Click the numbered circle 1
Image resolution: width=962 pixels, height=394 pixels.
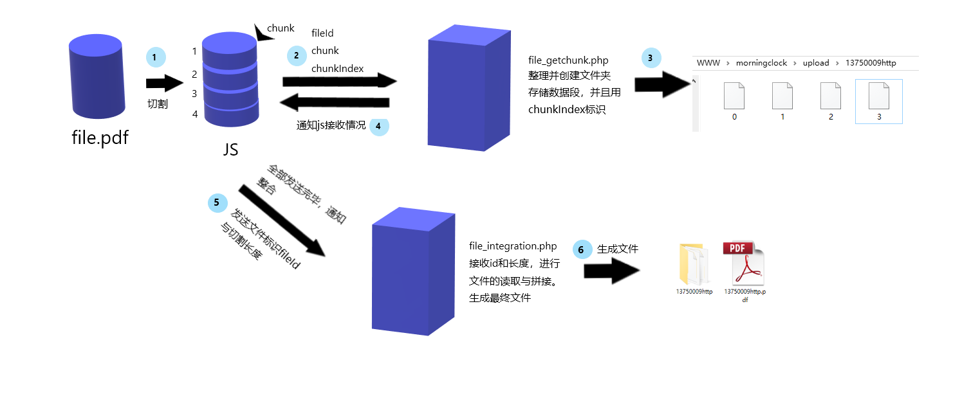point(155,57)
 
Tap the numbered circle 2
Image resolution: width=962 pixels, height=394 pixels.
point(296,56)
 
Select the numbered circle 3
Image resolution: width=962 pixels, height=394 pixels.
point(651,58)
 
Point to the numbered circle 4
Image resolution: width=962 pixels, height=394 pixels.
point(378,126)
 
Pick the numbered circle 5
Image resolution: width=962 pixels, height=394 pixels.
point(217,202)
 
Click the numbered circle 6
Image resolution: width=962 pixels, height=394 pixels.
point(582,249)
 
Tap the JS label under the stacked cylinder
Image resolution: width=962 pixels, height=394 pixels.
point(230,150)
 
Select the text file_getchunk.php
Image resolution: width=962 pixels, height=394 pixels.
point(568,60)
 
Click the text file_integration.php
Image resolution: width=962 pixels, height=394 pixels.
point(513,246)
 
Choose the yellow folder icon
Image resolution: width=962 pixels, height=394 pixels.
point(694,264)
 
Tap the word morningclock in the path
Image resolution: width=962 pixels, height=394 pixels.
point(761,63)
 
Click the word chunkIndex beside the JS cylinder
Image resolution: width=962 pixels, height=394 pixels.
point(337,69)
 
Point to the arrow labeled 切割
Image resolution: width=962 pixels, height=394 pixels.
point(165,83)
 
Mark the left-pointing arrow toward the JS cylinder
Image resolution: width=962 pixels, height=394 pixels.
point(336,103)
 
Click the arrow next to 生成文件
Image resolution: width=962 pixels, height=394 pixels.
point(612,271)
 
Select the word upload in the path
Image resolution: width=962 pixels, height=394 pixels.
point(816,63)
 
